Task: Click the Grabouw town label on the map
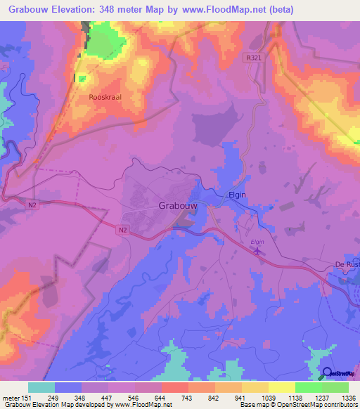coord(176,208)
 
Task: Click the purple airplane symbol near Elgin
coord(257,251)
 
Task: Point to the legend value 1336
coord(349,398)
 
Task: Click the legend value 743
coord(188,398)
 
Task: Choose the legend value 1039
coord(269,398)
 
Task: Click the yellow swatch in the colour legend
coord(281,387)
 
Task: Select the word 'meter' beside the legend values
coord(11,398)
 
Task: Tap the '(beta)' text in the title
coord(280,10)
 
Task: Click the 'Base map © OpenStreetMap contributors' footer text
coord(297,405)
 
